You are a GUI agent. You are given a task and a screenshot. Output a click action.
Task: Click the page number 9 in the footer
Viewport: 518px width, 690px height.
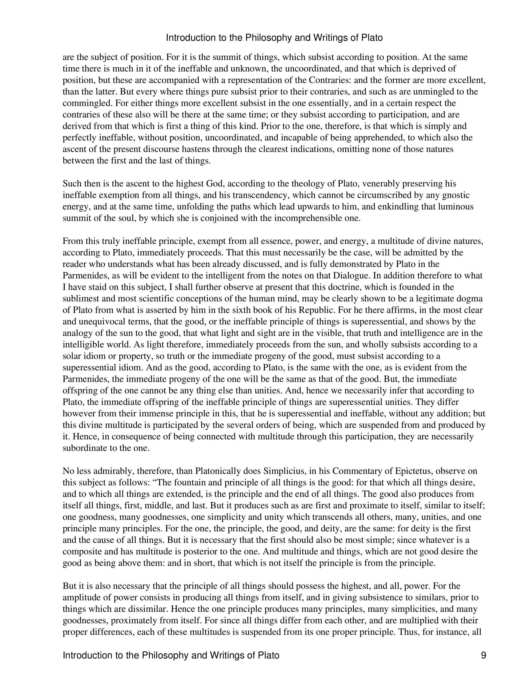coord(483,655)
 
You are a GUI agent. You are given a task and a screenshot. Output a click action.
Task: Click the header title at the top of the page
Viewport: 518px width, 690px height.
coord(274,38)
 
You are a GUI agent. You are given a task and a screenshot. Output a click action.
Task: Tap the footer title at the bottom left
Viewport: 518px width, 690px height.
coord(171,655)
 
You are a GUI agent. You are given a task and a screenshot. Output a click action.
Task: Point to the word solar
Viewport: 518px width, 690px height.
coord(71,356)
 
